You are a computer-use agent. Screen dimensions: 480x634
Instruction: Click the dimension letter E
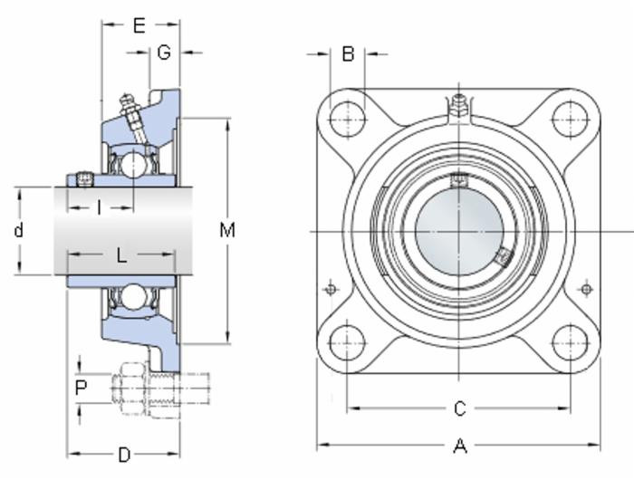139,25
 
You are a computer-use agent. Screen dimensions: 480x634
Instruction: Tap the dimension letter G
164,53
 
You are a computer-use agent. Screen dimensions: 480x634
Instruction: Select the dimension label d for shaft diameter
18,230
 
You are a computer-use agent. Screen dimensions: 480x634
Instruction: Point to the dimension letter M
227,230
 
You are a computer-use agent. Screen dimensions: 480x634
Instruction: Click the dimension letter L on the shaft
121,255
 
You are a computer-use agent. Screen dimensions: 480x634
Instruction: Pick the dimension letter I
99,208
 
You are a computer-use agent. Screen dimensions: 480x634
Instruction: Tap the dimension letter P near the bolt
82,388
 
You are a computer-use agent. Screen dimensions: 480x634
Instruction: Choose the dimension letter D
124,453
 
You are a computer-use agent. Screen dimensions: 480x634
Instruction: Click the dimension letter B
348,54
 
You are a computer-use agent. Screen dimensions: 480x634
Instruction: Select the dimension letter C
459,409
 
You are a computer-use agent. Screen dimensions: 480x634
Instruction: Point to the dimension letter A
459,446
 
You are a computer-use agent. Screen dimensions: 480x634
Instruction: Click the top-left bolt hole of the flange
346,119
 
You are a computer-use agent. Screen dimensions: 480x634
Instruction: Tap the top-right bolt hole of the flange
570,119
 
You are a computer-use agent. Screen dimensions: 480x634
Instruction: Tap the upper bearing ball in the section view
133,165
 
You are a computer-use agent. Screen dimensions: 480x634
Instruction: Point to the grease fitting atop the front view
458,105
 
